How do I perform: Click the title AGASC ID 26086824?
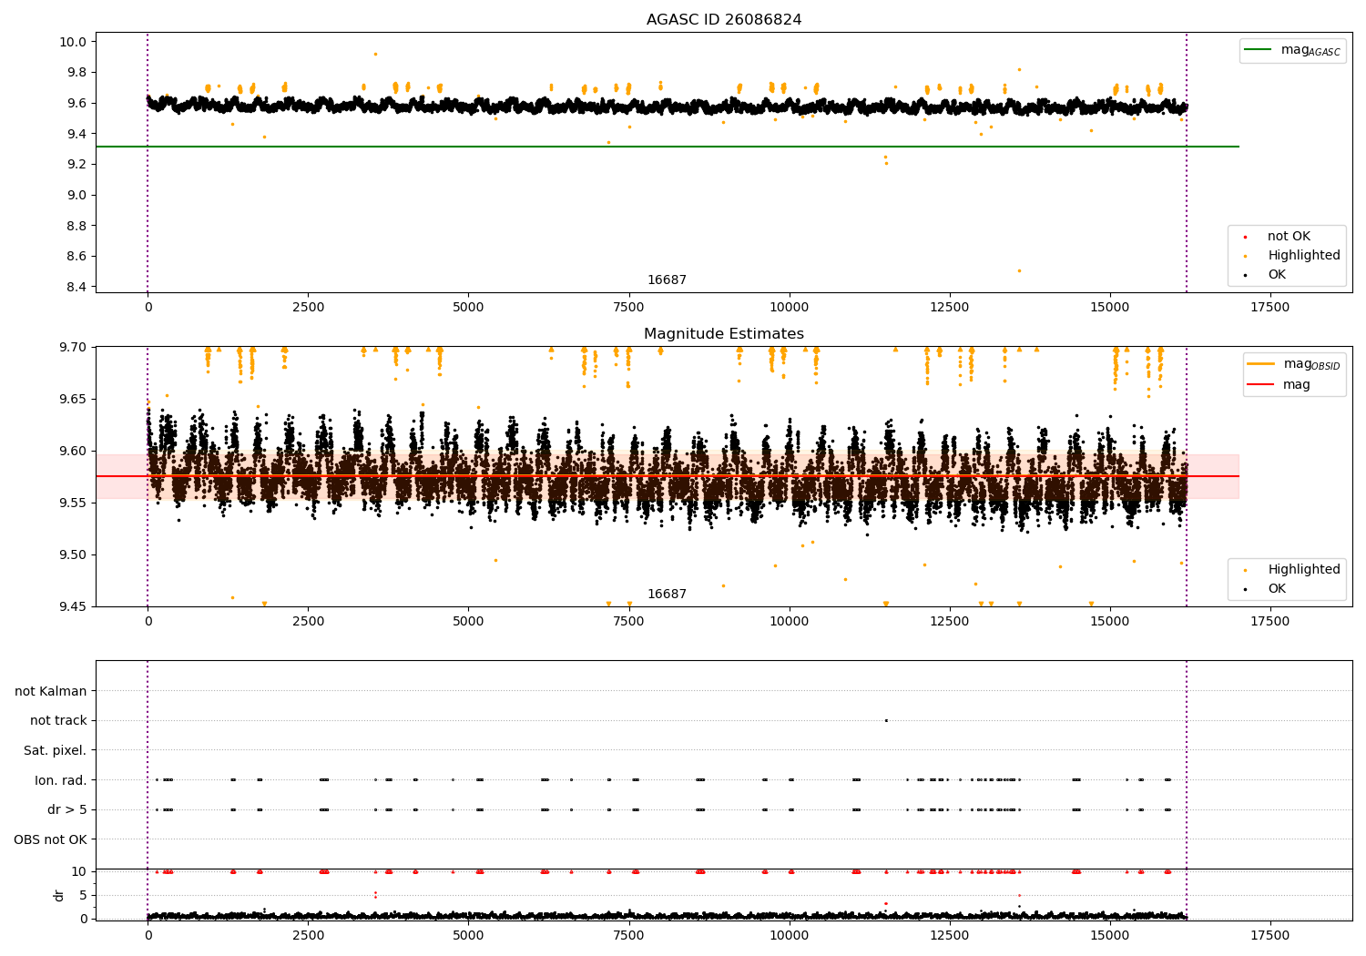click(723, 19)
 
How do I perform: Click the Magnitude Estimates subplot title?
click(723, 333)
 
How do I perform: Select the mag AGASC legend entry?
click(1292, 50)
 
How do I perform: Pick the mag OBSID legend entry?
click(1293, 364)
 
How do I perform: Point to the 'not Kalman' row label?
click(51, 691)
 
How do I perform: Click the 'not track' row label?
click(58, 720)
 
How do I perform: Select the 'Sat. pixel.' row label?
click(55, 750)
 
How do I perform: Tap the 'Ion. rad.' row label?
click(60, 779)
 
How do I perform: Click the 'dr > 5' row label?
click(67, 809)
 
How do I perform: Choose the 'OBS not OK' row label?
click(51, 839)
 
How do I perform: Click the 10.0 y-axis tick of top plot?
click(73, 42)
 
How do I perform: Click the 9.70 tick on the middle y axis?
click(73, 348)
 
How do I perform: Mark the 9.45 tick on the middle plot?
click(73, 606)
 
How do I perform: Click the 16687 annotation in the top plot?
click(667, 280)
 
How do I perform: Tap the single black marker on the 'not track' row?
click(886, 721)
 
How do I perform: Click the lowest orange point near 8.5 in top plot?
click(1019, 270)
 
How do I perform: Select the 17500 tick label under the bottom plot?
click(1269, 936)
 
